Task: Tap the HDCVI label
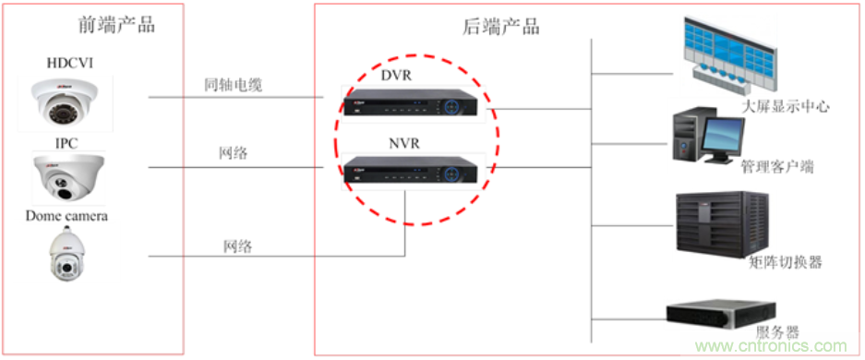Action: pos(70,62)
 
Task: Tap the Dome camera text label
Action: pos(66,216)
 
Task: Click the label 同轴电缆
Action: pos(234,86)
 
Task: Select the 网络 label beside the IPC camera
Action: pos(234,153)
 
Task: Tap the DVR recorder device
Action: pos(412,105)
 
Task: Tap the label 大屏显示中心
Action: pos(785,107)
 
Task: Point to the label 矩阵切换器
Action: pos(785,262)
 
